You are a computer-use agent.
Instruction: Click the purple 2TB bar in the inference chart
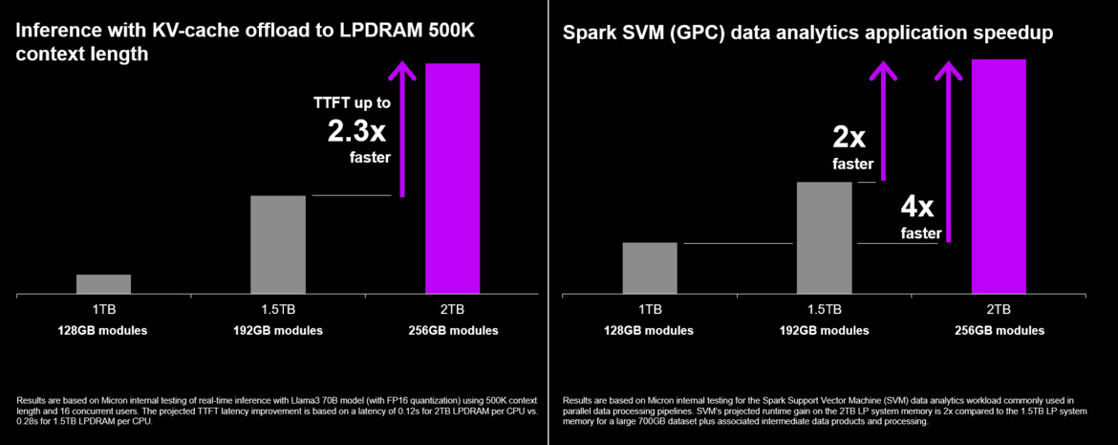(452, 178)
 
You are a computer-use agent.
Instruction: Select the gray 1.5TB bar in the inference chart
(278, 244)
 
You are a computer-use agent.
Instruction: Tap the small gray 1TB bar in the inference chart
(103, 283)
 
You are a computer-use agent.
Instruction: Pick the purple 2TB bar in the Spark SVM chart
(999, 176)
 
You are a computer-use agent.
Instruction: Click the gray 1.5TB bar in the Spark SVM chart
(824, 237)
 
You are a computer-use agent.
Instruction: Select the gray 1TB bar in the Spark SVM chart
(650, 268)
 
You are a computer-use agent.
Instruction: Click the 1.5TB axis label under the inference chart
(278, 309)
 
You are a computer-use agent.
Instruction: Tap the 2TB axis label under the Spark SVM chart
(999, 309)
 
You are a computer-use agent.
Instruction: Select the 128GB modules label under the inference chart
(103, 330)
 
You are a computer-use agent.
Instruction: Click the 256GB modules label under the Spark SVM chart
(999, 330)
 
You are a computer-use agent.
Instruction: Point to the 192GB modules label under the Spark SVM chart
(824, 330)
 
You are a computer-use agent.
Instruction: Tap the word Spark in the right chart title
(587, 34)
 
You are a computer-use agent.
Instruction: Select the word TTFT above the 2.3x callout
(331, 102)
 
